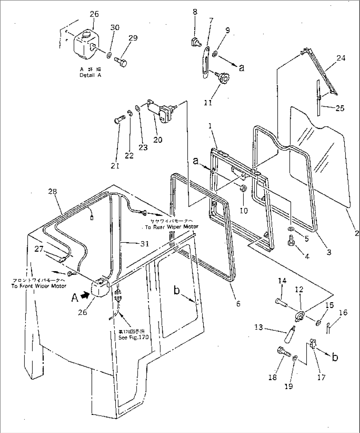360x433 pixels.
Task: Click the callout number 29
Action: pyautogui.click(x=133, y=38)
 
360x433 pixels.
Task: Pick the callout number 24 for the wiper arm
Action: pyautogui.click(x=341, y=58)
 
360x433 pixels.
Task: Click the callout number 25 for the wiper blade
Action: pyautogui.click(x=340, y=108)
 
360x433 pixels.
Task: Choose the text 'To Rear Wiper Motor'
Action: pyautogui.click(x=171, y=227)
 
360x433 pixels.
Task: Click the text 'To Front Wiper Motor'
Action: pyautogui.click(x=39, y=286)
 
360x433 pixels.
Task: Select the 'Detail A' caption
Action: pyautogui.click(x=90, y=75)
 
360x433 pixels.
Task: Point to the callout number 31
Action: pyautogui.click(x=144, y=244)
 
